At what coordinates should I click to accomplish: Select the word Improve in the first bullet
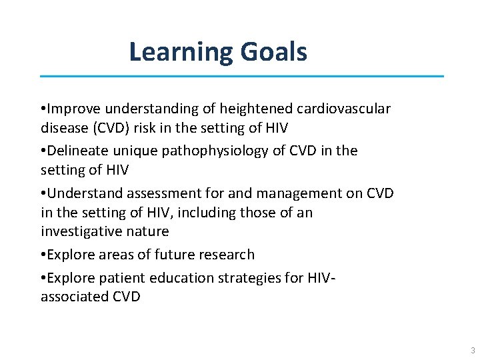click(x=72, y=108)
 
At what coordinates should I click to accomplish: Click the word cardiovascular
click(x=337, y=108)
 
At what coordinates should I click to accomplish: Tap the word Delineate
click(x=78, y=151)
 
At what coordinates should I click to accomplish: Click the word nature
click(x=149, y=231)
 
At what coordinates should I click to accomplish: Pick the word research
click(x=227, y=255)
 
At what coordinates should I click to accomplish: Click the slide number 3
click(x=472, y=351)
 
